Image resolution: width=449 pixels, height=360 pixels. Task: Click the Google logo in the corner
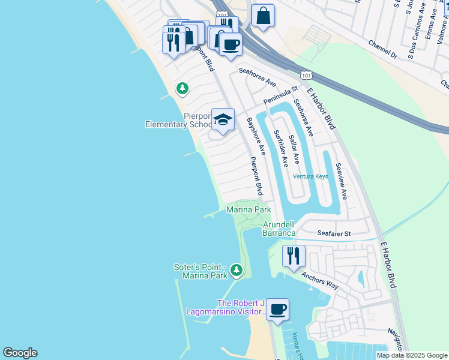[x=20, y=353]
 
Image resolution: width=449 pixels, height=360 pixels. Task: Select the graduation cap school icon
[x=223, y=119]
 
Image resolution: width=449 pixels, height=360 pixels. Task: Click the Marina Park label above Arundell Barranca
[x=249, y=209]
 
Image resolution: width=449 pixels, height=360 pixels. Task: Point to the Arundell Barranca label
[x=279, y=229]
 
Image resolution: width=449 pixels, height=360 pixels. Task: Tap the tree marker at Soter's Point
[x=237, y=271]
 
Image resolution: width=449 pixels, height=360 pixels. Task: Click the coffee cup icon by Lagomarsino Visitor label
[x=277, y=310]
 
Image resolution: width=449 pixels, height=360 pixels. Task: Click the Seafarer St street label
[x=334, y=233]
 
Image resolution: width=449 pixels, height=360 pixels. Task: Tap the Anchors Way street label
[x=320, y=282]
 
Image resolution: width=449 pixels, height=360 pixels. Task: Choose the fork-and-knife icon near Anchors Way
[x=294, y=256]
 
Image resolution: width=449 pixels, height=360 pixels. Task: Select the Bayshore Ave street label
[x=255, y=136]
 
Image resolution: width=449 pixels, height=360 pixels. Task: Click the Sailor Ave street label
[x=294, y=149]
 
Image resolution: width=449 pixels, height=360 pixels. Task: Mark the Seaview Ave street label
[x=341, y=181]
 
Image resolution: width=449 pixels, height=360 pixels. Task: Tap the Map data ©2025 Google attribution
[x=412, y=355]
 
